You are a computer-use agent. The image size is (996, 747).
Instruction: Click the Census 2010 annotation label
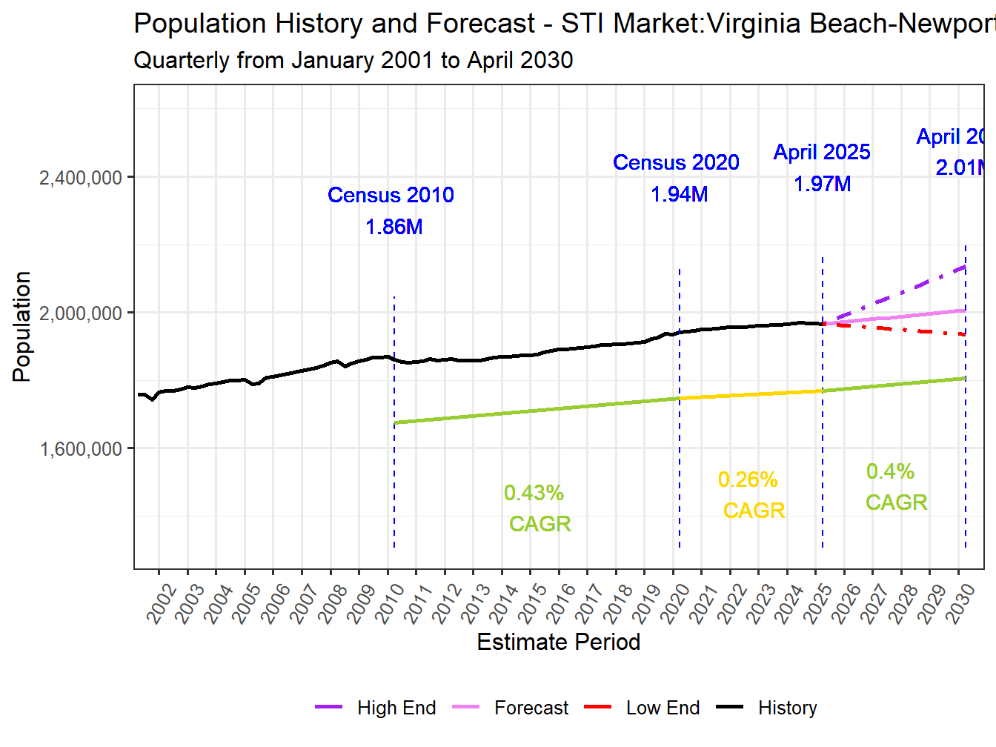pos(391,195)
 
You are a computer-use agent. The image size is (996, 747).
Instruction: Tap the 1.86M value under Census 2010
pos(394,227)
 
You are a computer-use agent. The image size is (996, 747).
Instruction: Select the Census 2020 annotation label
pos(676,162)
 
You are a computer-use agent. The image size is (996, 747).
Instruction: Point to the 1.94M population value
pos(679,194)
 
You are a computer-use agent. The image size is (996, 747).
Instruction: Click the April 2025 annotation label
pos(822,152)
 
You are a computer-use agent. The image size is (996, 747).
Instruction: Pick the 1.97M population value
pos(822,184)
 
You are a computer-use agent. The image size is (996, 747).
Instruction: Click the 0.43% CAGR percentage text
pos(534,493)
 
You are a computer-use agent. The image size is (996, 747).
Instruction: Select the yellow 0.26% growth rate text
pos(748,479)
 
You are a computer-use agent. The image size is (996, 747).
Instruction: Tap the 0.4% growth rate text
pos(890,471)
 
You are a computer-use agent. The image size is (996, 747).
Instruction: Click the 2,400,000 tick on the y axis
pos(80,178)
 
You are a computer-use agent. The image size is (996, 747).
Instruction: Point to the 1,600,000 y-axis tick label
pos(80,449)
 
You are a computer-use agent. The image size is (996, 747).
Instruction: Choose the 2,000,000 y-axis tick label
pos(80,313)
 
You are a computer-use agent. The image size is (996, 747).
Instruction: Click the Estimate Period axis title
pos(558,642)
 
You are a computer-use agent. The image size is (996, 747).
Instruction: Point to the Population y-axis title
pos(21,327)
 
